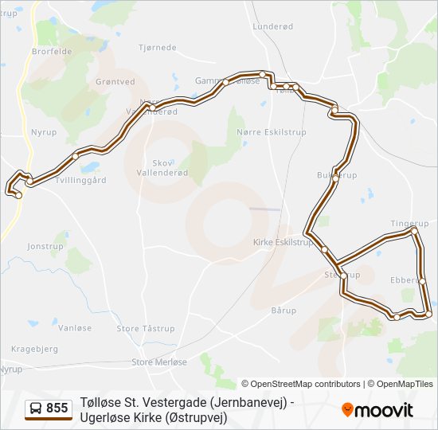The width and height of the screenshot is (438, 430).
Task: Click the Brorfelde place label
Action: [52, 51]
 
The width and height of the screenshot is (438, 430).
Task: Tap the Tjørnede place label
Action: [158, 48]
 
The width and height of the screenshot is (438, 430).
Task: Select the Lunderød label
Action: [273, 26]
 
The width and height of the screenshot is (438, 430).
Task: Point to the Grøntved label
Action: [115, 81]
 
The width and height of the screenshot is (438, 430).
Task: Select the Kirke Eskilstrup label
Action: [283, 241]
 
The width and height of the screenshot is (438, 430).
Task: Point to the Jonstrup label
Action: [45, 246]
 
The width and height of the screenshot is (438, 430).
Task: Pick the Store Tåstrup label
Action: [146, 328]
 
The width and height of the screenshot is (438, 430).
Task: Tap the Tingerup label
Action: [409, 224]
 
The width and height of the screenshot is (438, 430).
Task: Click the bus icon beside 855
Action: [36, 408]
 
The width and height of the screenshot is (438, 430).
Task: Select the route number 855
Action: [57, 408]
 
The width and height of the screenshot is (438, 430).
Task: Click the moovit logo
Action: [377, 410]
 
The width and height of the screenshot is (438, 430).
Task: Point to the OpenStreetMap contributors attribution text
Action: [301, 384]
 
